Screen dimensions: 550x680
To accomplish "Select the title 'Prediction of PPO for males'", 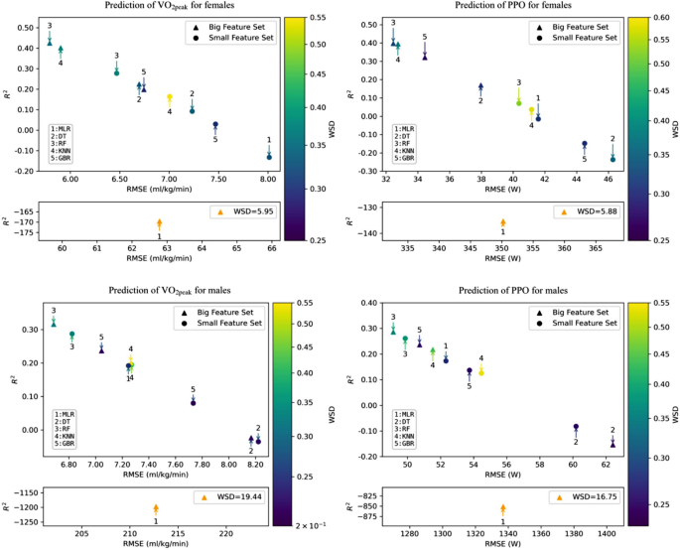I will pos(504,290).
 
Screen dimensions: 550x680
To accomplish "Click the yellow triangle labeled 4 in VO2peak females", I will pos(170,98).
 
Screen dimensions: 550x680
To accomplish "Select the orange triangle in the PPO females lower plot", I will pos(503,222).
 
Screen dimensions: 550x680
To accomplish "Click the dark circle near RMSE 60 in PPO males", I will pos(576,428).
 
